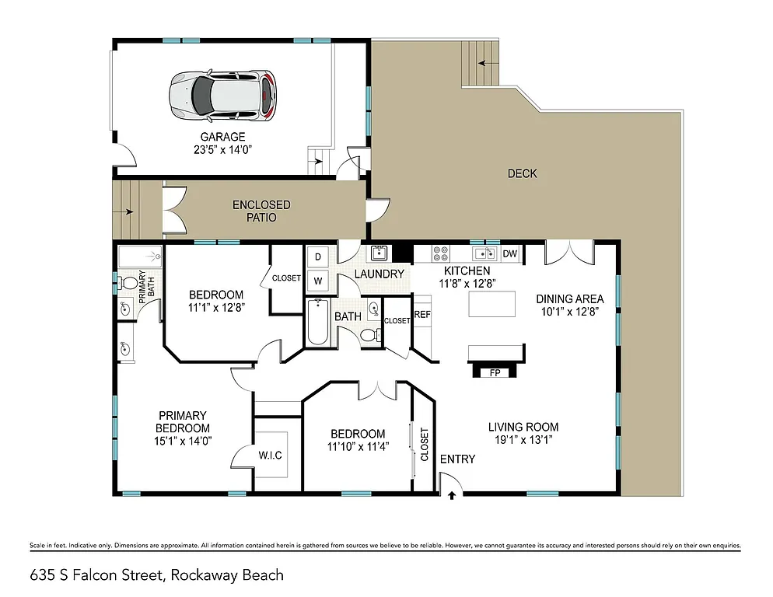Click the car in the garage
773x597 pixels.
[222, 95]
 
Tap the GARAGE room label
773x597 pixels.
[222, 137]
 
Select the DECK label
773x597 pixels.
[522, 173]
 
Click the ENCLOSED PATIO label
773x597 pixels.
[261, 211]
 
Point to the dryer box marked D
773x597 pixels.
[318, 257]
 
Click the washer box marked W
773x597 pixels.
[318, 280]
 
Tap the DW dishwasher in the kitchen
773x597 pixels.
[510, 253]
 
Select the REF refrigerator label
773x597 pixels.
[422, 315]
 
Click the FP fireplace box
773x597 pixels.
[494, 372]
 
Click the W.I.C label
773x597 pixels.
[270, 455]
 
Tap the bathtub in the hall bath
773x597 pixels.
[317, 323]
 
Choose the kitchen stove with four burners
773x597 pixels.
[440, 253]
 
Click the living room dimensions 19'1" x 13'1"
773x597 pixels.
[523, 441]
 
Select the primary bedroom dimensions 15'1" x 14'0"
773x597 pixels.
[184, 440]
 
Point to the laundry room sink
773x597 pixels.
[379, 252]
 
